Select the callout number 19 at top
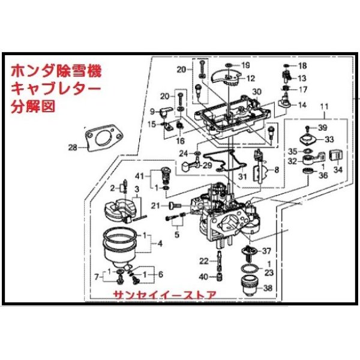[x=245, y=65]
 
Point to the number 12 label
[x=250, y=78]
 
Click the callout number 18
[x=302, y=65]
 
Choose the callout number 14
[x=302, y=104]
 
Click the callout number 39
[x=323, y=128]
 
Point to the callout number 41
[x=140, y=175]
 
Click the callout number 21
[x=155, y=206]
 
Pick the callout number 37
[x=267, y=250]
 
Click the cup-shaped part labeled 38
[x=247, y=284]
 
